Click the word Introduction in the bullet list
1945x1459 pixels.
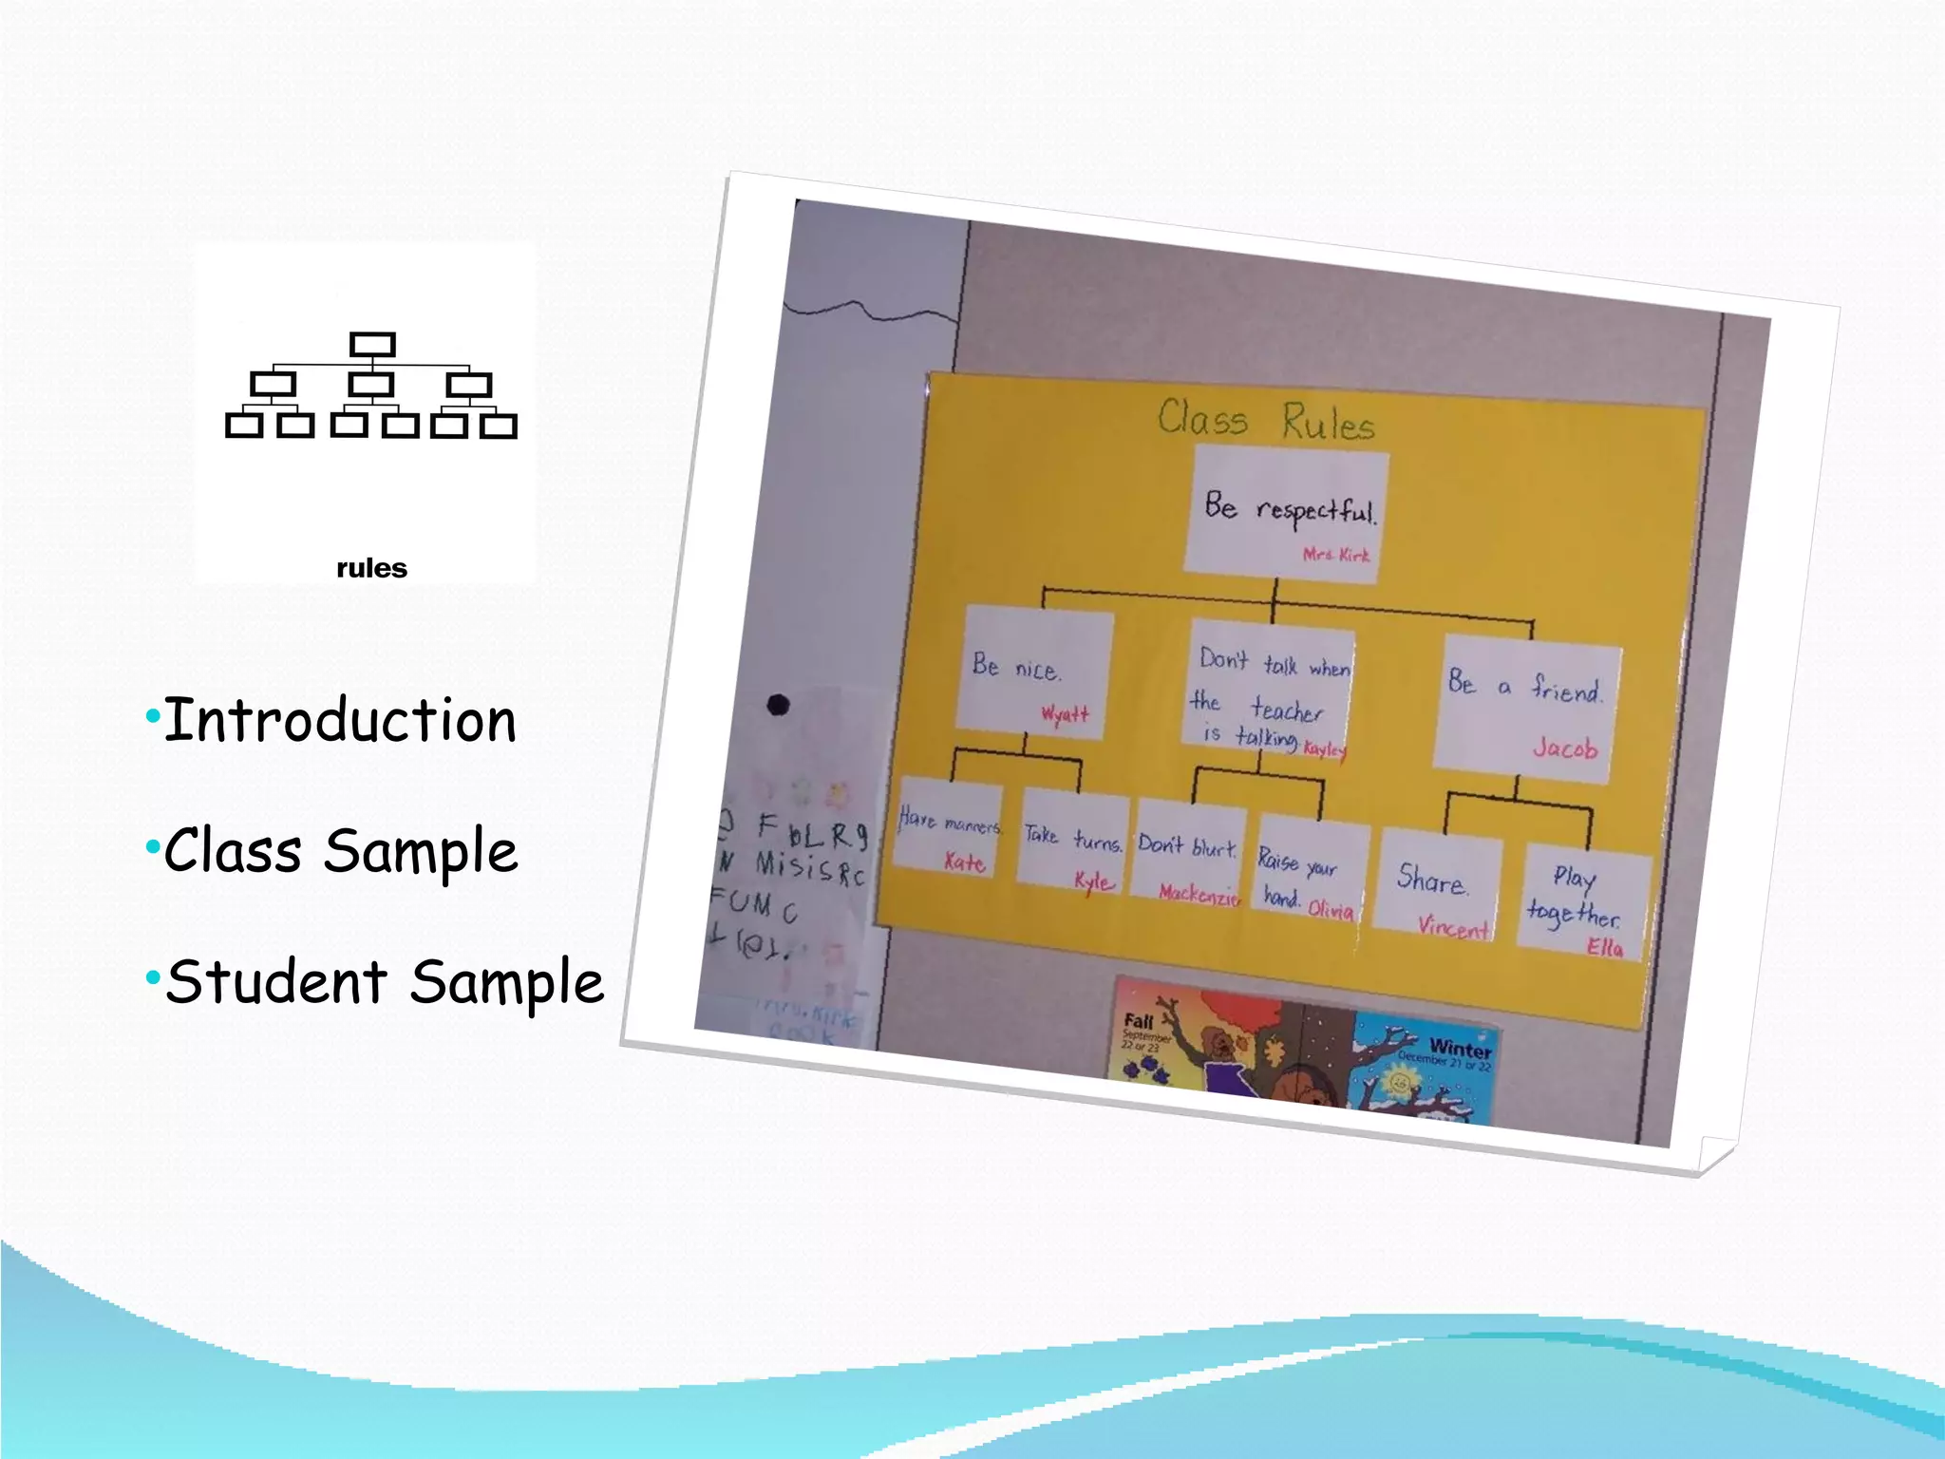340,721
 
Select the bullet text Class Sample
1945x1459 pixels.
340,851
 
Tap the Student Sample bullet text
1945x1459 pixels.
384,982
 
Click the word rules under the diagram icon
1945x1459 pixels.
371,568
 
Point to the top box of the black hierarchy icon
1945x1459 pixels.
372,344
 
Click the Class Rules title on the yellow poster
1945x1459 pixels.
1266,420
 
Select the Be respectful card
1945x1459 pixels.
1287,513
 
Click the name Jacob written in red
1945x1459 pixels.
1565,748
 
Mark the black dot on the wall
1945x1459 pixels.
778,705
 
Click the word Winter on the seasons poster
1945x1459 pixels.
1460,1048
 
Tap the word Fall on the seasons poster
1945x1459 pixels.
1138,1022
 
